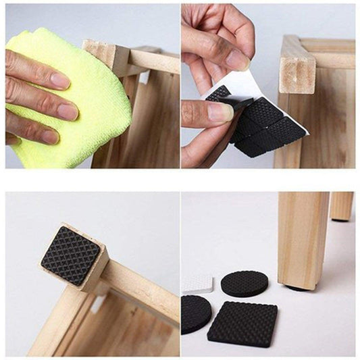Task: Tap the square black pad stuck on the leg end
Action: coord(70,255)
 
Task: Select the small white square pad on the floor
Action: coord(197,283)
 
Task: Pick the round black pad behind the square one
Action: coord(244,284)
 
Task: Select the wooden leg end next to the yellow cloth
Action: coord(105,57)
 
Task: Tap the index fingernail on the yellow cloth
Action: coord(60,80)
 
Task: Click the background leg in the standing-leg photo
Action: coord(342,206)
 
